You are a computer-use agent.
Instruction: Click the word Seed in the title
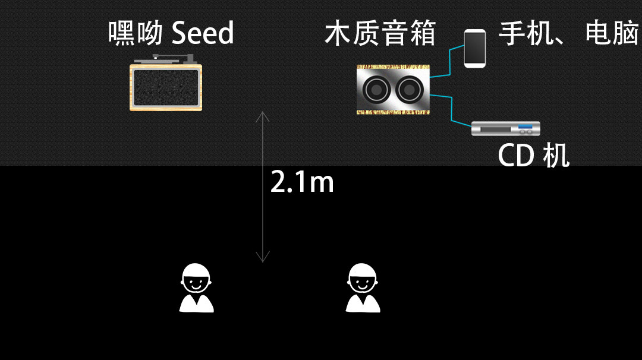click(203, 34)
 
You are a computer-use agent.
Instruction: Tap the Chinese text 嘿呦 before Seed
click(136, 33)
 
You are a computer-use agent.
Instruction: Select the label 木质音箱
click(380, 33)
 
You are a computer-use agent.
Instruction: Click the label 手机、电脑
click(569, 33)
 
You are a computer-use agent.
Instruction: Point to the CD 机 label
click(533, 155)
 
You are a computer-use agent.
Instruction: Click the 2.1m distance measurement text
click(302, 182)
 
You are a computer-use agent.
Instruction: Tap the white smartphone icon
click(475, 48)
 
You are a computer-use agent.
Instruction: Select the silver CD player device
click(505, 128)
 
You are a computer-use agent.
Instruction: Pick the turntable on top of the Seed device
click(165, 59)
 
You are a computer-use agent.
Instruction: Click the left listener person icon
click(196, 289)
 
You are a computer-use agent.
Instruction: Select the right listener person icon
click(363, 289)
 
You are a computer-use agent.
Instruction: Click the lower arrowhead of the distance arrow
click(262, 258)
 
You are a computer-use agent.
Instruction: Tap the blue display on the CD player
click(526, 127)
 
